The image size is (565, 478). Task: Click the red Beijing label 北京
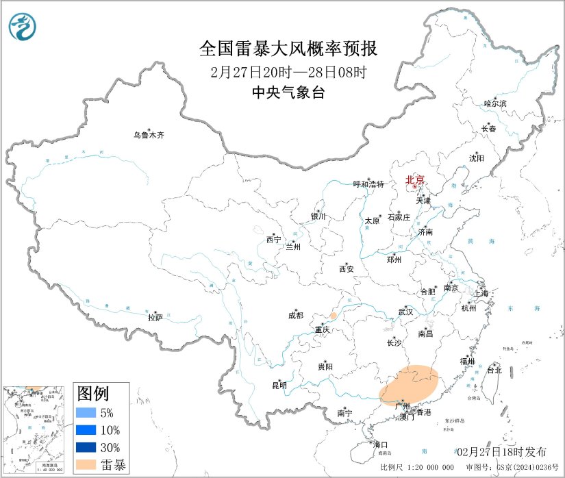415,180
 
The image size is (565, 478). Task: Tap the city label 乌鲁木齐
149,135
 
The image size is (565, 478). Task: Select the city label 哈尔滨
495,103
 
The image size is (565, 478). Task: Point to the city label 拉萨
155,317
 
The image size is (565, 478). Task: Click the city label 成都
296,316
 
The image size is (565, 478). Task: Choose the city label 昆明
279,385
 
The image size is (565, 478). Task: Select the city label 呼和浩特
369,184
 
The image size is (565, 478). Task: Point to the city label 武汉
405,312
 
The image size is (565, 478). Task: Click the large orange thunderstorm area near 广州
410,386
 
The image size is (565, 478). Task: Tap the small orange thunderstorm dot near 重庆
333,316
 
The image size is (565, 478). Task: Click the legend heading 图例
92,394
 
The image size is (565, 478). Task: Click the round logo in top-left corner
23,26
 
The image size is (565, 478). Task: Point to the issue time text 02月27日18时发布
501,451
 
